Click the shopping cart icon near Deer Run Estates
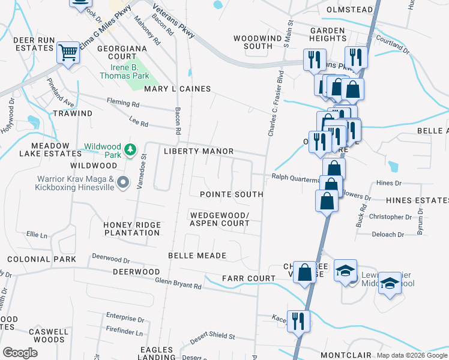tap(68, 53)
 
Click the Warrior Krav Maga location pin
tap(123, 182)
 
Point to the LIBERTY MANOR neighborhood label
tap(198, 151)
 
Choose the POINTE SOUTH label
tap(231, 194)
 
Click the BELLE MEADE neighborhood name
tap(197, 256)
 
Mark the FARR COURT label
tap(249, 278)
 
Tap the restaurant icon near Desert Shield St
tap(298, 322)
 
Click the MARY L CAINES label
tap(177, 89)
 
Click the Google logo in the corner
tap(20, 352)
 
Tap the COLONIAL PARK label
tap(41, 259)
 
